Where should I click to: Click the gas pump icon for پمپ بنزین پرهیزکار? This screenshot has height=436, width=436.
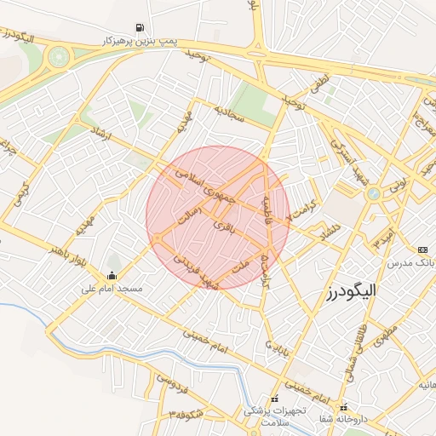point(140,26)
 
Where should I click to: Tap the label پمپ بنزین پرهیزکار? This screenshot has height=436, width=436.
point(139,41)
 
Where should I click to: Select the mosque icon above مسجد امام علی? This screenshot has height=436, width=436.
point(112,275)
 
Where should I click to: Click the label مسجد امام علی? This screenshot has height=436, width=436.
point(111,289)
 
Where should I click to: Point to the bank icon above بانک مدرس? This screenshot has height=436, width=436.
point(423,250)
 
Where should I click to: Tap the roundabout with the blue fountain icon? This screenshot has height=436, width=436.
point(373,195)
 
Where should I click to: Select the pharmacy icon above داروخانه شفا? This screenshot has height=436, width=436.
point(343,406)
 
